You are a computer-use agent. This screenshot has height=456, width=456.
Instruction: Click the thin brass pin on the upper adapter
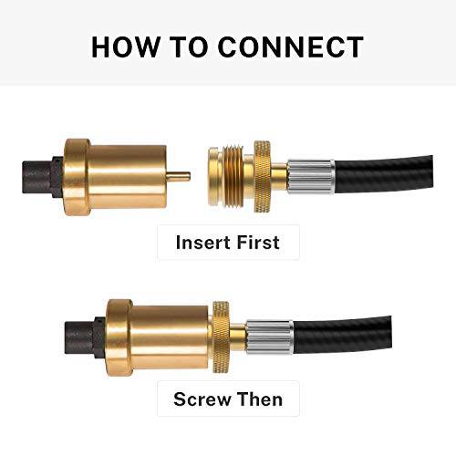pyautogui.click(x=180, y=175)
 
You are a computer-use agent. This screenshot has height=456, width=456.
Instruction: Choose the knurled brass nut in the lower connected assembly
pyautogui.click(x=221, y=330)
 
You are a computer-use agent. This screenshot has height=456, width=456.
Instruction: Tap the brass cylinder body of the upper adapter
pyautogui.click(x=128, y=174)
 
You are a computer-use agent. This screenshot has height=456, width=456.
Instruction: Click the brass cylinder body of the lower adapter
pyautogui.click(x=169, y=330)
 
